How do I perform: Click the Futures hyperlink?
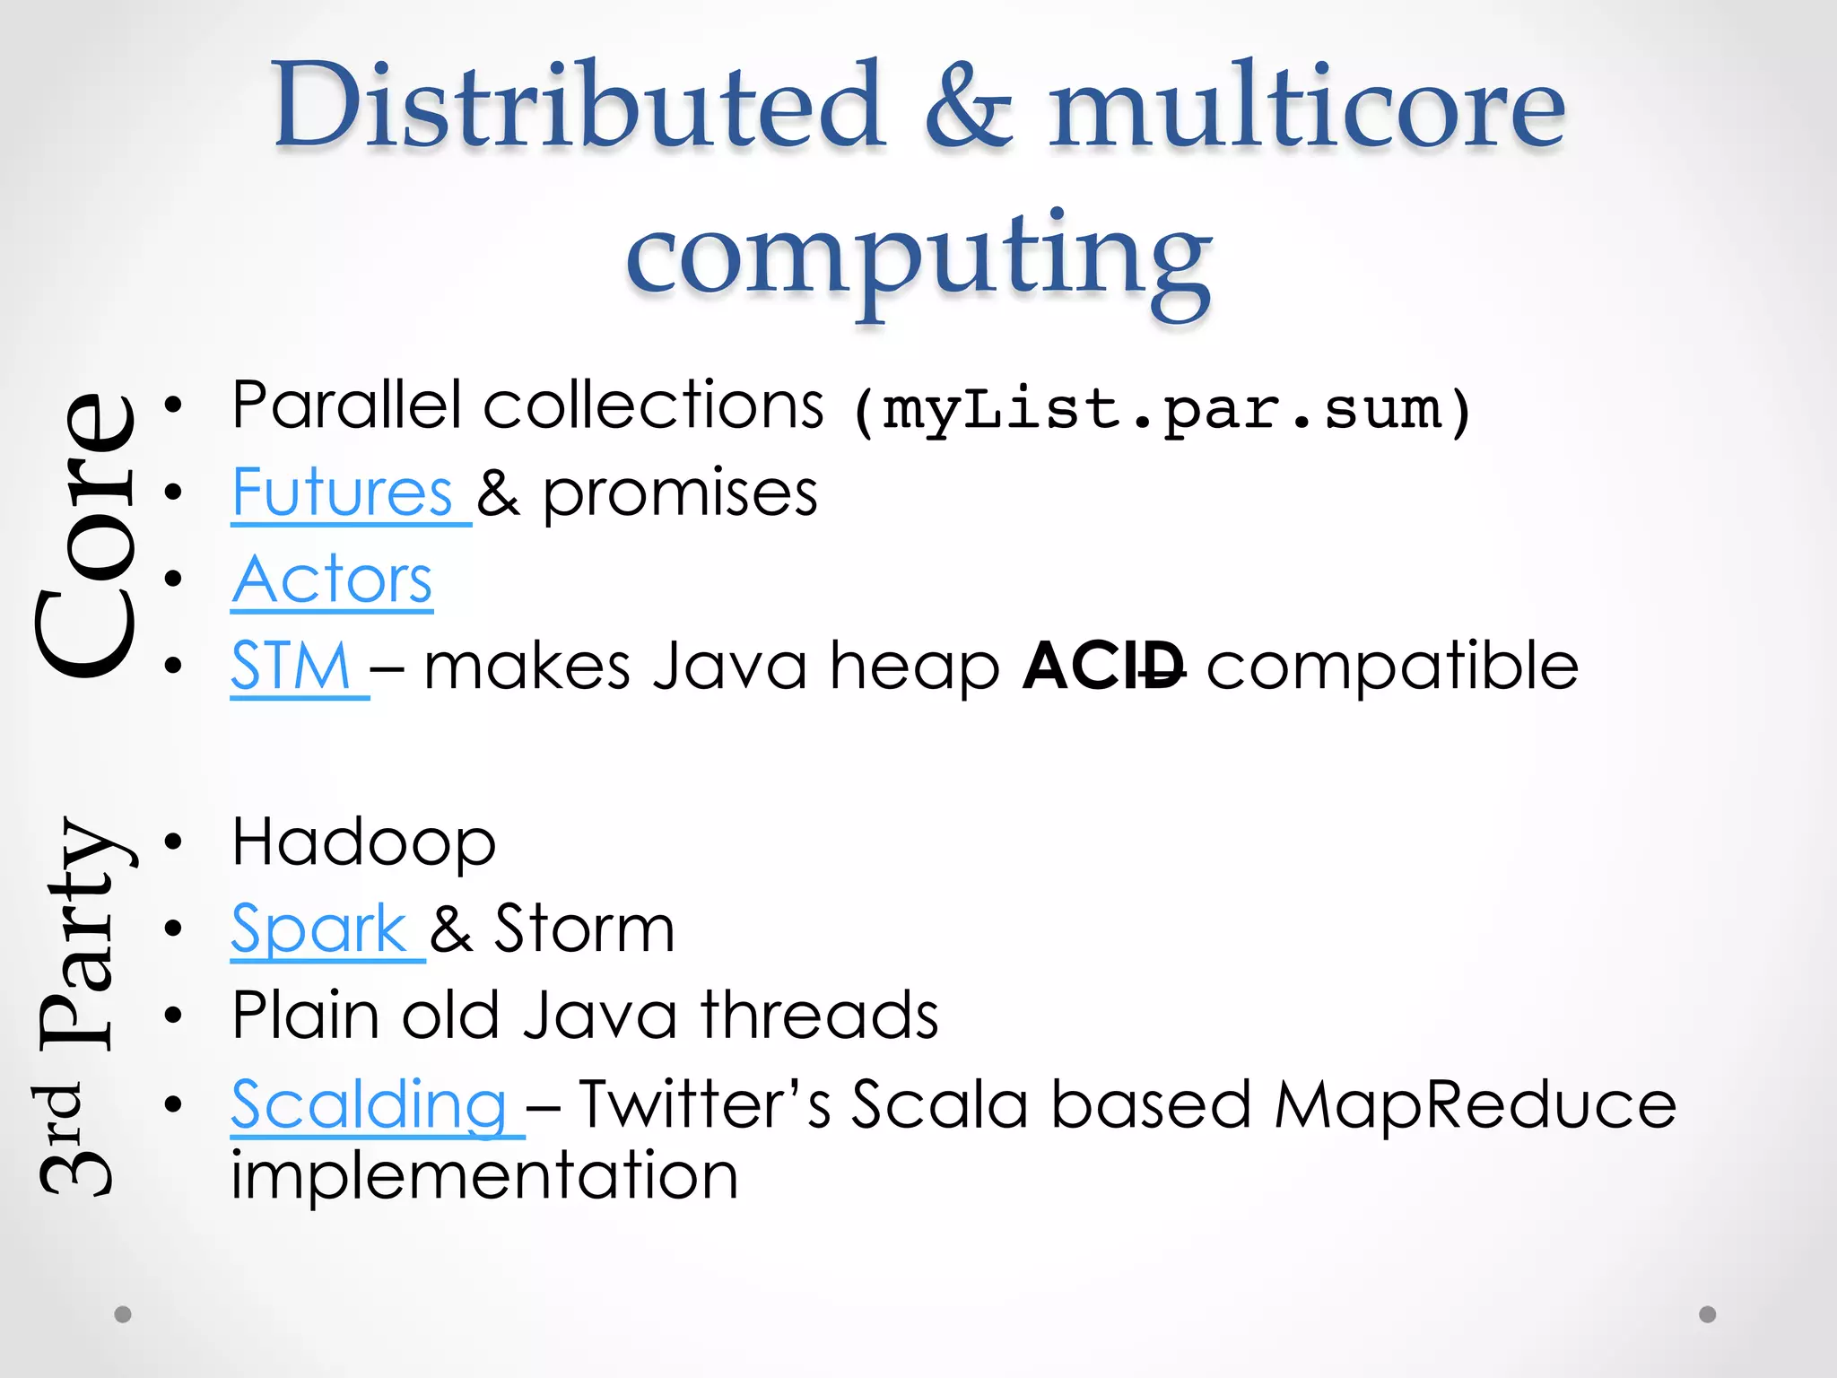coord(342,493)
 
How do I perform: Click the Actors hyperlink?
coord(332,580)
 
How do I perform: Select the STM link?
coord(291,667)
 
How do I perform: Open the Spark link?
coord(319,929)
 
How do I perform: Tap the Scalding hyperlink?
coord(369,1104)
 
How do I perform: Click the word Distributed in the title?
coord(579,105)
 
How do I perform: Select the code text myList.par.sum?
coord(1162,411)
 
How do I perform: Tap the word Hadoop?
coord(363,843)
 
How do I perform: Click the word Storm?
coord(584,929)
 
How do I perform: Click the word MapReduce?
coord(1475,1104)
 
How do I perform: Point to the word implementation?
coord(484,1175)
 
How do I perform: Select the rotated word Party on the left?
coord(81,933)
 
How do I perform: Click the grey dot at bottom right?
coord(1708,1314)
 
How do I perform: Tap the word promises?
coord(680,493)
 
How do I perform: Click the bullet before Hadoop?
coord(173,842)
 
